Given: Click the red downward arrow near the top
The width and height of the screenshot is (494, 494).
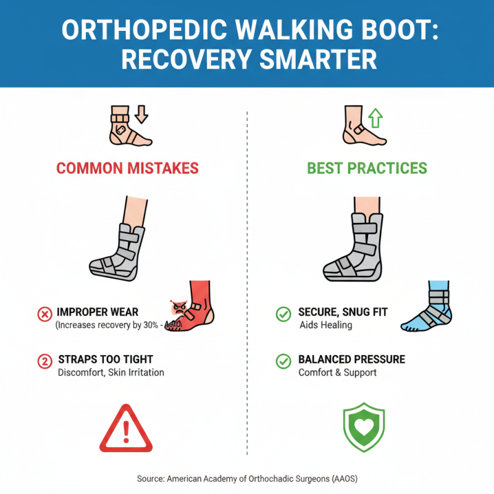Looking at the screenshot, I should pos(142,115).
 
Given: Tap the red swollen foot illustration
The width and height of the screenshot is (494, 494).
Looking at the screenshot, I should pos(192,305).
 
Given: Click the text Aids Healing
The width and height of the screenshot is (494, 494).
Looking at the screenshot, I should pos(325,325).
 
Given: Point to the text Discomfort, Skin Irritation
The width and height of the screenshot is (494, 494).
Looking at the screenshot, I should pos(111,372).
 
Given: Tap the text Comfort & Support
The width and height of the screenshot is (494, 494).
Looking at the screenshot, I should pos(337,372).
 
